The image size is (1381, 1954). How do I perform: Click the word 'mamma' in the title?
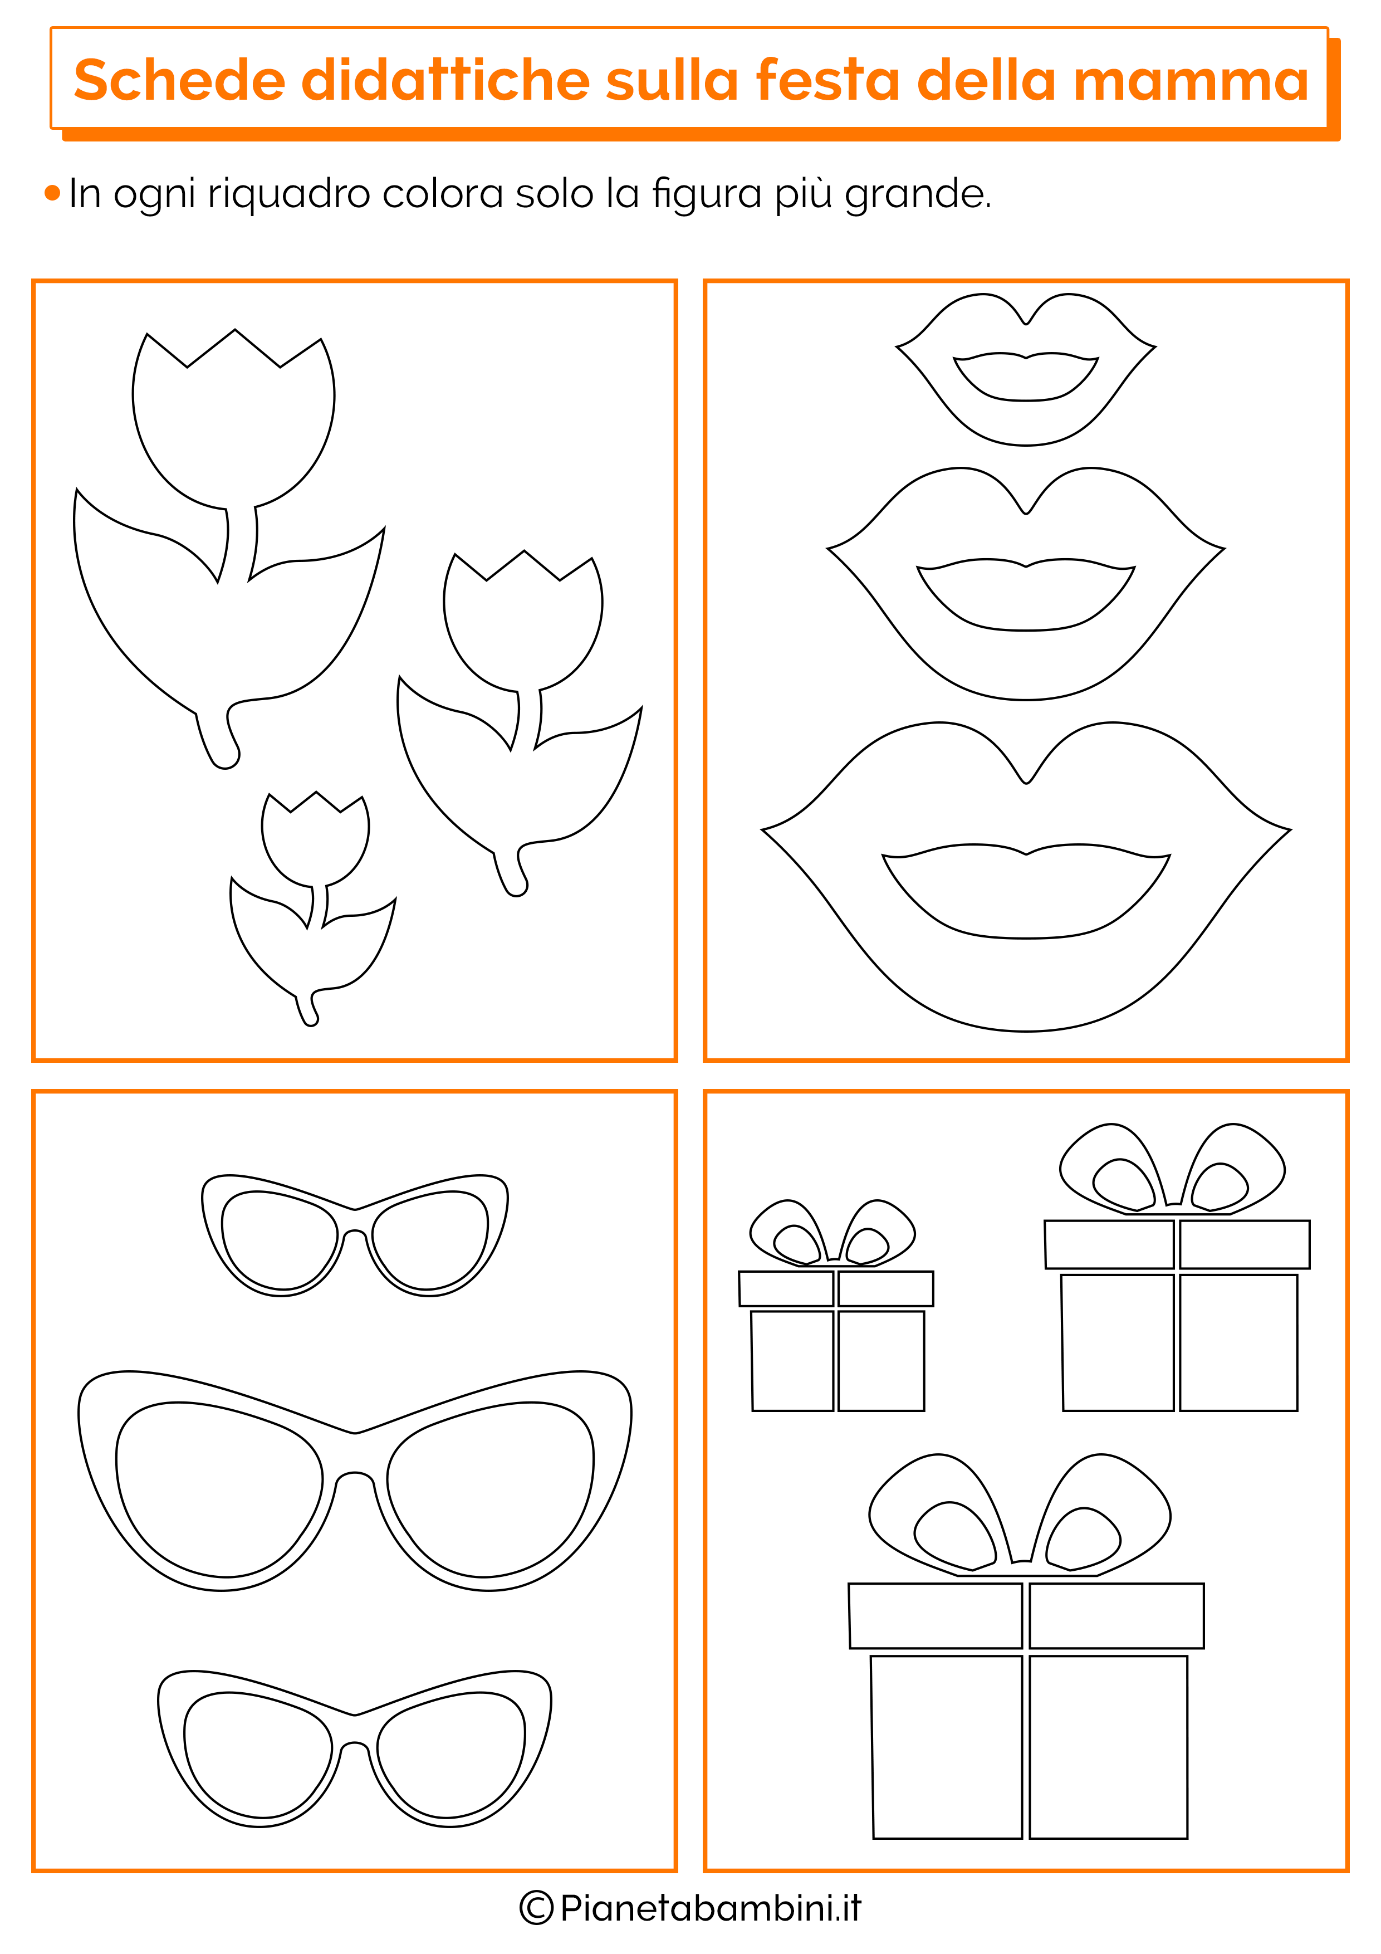pyautogui.click(x=1191, y=81)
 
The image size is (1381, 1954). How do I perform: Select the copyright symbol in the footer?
pyautogui.click(x=536, y=1907)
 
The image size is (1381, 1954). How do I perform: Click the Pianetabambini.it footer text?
pyautogui.click(x=711, y=1907)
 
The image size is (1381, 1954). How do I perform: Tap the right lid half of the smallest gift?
pyautogui.click(x=886, y=1288)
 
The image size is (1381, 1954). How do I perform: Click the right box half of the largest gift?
pyautogui.click(x=1108, y=1747)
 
